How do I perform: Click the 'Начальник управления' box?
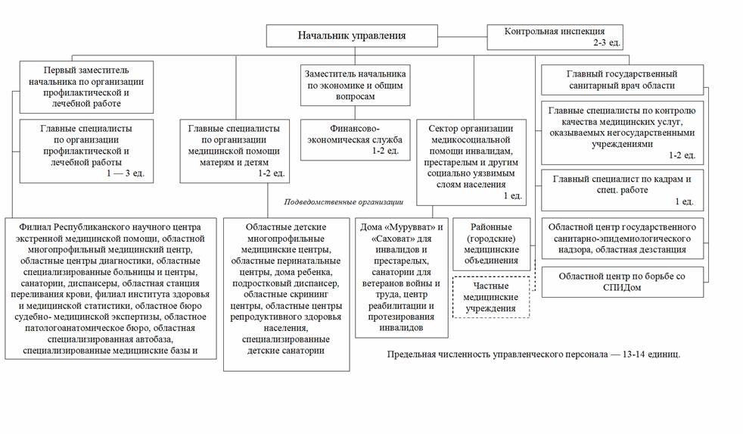pyautogui.click(x=351, y=36)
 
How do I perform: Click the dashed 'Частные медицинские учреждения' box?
pyautogui.click(x=491, y=298)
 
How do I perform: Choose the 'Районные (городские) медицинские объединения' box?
pyautogui.click(x=491, y=244)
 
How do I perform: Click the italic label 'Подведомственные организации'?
pyautogui.click(x=344, y=202)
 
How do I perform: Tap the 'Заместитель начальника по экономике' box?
pyautogui.click(x=355, y=86)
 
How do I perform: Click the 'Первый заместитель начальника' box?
pyautogui.click(x=86, y=87)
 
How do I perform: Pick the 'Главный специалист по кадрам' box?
pyautogui.click(x=622, y=190)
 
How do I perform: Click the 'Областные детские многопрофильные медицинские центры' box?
pyautogui.click(x=286, y=294)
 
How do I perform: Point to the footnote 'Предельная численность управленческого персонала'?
pyautogui.click(x=533, y=354)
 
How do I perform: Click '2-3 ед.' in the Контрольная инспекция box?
pyautogui.click(x=607, y=43)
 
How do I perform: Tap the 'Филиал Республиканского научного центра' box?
pyautogui.click(x=110, y=288)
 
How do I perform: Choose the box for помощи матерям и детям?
pyautogui.click(x=235, y=151)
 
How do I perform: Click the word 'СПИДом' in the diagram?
pyautogui.click(x=621, y=289)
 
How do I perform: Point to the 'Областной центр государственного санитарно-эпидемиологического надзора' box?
pyautogui.click(x=622, y=238)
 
